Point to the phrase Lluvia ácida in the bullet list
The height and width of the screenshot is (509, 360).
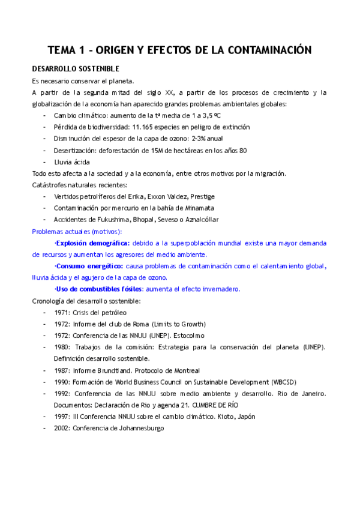point(71,162)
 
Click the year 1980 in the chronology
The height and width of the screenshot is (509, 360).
point(62,347)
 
